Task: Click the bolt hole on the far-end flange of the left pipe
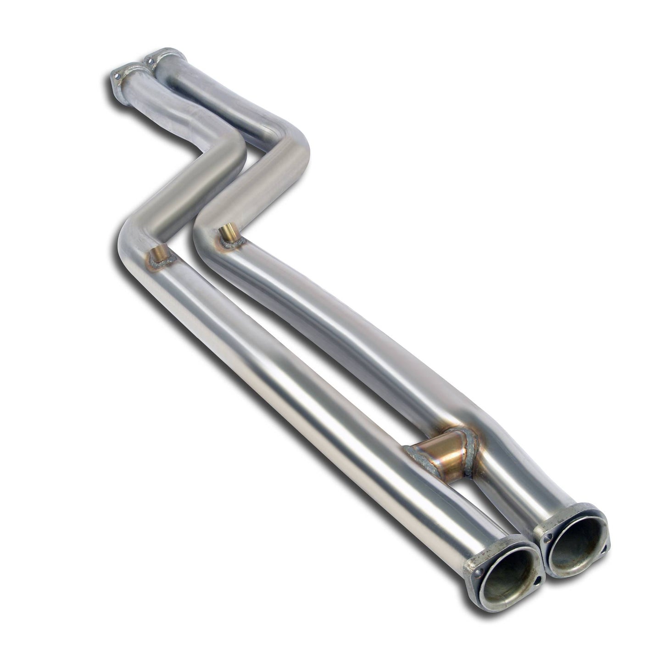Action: tap(118, 74)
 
